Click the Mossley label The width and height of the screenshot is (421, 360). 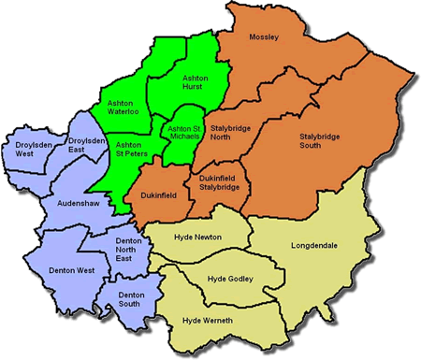click(x=265, y=37)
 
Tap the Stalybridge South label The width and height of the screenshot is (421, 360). click(x=321, y=141)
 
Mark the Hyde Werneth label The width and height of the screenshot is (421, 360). click(x=208, y=321)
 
